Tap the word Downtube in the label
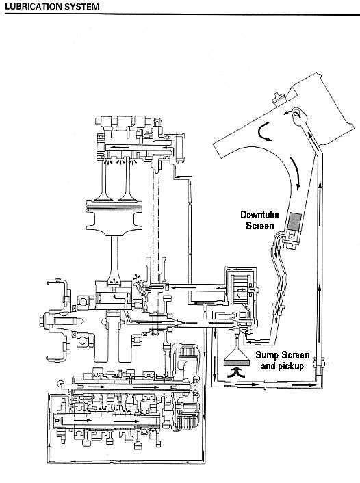(259, 215)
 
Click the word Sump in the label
(267, 356)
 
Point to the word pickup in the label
(291, 366)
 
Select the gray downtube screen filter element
(295, 220)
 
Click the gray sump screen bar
(236, 363)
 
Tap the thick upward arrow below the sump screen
(236, 371)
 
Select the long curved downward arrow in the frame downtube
(296, 173)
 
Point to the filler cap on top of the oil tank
(279, 99)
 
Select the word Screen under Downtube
(260, 226)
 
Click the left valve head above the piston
(103, 198)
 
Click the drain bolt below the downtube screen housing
(292, 246)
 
